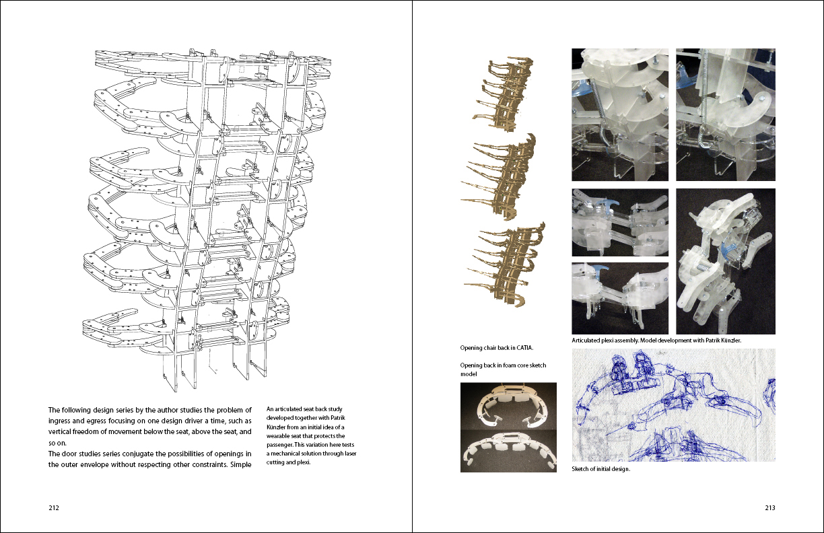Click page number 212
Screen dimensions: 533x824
tap(54, 509)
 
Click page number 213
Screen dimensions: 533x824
tap(769, 509)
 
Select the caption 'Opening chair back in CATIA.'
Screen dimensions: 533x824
tap(496, 348)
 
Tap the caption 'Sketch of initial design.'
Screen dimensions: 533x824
tap(600, 469)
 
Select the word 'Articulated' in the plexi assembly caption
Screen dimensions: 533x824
tap(588, 341)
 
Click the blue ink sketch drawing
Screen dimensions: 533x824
tap(673, 404)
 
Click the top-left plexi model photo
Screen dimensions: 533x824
tap(620, 114)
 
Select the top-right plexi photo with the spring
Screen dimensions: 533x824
tap(725, 114)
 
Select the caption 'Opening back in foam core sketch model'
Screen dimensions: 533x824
tap(503, 369)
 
